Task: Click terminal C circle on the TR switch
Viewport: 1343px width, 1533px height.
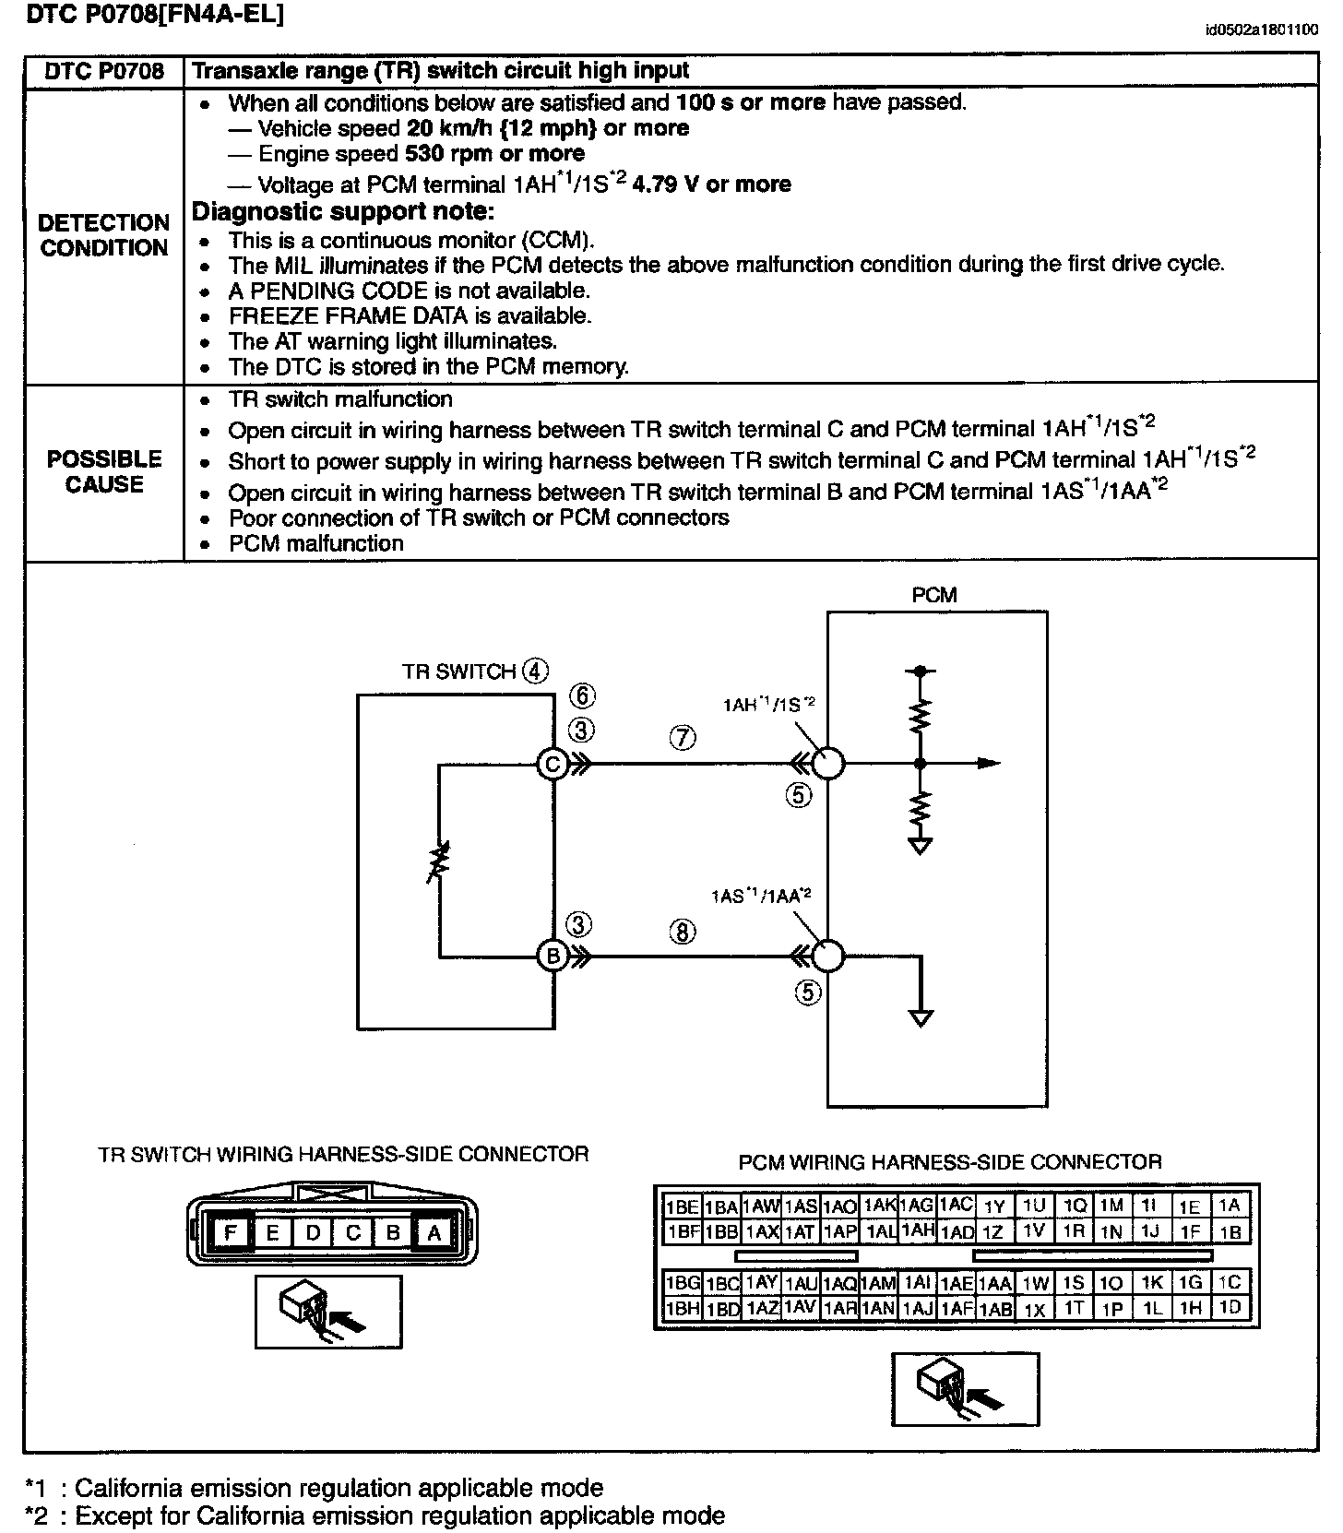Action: [553, 764]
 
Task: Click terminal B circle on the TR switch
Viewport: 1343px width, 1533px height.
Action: [553, 957]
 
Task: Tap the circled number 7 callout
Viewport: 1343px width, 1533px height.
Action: [683, 737]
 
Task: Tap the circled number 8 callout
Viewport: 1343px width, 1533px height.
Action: [683, 932]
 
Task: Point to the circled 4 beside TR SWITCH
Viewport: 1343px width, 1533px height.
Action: [535, 671]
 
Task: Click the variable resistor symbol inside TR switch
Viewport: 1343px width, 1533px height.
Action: [440, 860]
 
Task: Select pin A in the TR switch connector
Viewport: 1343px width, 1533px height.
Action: [433, 1232]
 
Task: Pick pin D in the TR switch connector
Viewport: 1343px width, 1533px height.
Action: [313, 1232]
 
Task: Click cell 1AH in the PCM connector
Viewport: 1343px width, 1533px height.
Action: [918, 1230]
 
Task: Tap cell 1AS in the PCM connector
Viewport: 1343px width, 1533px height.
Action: [801, 1206]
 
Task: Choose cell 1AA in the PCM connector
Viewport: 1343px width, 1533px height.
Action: [995, 1283]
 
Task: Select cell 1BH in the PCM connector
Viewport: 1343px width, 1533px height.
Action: [683, 1308]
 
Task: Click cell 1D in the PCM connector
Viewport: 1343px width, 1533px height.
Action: [1230, 1307]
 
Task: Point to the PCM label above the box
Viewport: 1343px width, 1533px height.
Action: [934, 595]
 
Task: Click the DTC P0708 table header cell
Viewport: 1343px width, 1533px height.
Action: [104, 71]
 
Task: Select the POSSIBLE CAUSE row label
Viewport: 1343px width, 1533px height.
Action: [104, 471]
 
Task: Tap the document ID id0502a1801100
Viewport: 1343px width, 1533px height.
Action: [1261, 30]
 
